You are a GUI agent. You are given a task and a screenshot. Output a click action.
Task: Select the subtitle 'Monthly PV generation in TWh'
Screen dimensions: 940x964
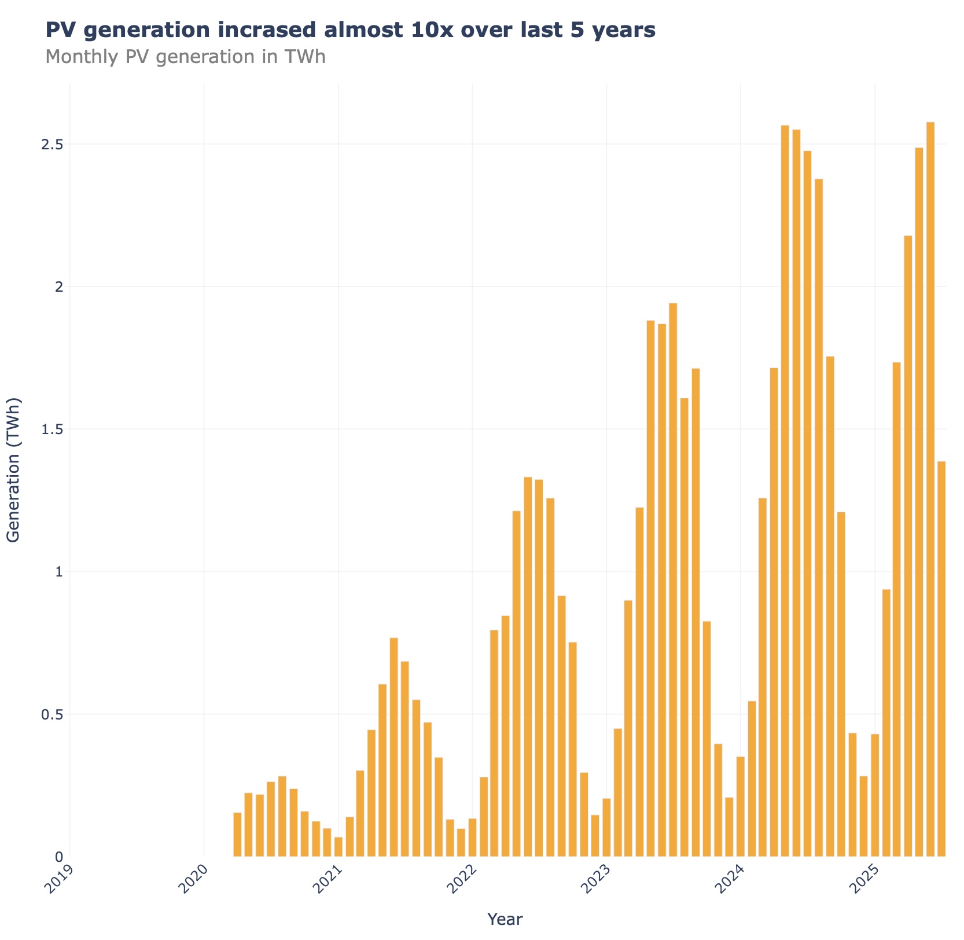click(x=185, y=57)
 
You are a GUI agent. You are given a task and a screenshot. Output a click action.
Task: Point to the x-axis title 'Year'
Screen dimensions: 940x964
click(x=505, y=919)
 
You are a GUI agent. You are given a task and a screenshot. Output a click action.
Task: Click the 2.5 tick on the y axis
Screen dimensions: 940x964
click(x=52, y=144)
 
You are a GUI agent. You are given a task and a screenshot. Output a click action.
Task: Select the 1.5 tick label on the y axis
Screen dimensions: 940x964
click(x=52, y=429)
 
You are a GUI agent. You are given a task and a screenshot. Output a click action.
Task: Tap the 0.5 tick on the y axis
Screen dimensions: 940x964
click(x=52, y=714)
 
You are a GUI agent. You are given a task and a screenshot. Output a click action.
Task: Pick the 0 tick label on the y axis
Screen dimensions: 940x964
click(x=58, y=857)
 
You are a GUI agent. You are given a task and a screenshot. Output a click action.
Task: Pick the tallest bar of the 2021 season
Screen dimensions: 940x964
click(x=393, y=747)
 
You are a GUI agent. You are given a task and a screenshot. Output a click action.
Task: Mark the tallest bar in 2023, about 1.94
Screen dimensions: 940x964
click(x=673, y=579)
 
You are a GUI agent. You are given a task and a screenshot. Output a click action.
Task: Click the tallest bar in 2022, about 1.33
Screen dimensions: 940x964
click(x=528, y=666)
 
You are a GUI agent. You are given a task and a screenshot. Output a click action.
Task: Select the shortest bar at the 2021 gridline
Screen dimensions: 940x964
click(x=338, y=847)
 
